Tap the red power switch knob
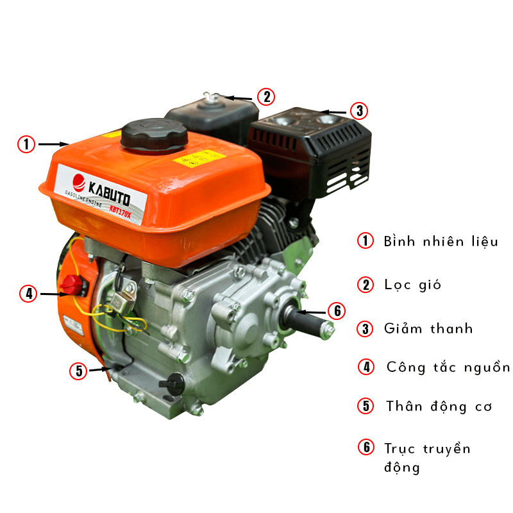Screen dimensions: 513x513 72,285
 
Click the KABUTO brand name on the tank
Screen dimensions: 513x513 109,194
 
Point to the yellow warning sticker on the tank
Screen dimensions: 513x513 199,158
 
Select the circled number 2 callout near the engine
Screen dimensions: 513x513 266,97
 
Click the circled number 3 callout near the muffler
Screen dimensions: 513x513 359,110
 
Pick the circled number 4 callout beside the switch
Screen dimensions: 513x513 28,293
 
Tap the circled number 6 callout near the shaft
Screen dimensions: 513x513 337,311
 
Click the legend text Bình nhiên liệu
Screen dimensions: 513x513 441,242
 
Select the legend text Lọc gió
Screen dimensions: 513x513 412,285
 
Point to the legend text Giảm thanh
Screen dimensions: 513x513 428,328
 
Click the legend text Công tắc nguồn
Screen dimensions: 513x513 448,367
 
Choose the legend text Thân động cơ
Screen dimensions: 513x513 439,407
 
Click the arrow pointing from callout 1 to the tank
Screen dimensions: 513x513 53,144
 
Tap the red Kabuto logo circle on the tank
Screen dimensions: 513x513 79,183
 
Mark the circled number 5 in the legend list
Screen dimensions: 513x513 366,406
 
